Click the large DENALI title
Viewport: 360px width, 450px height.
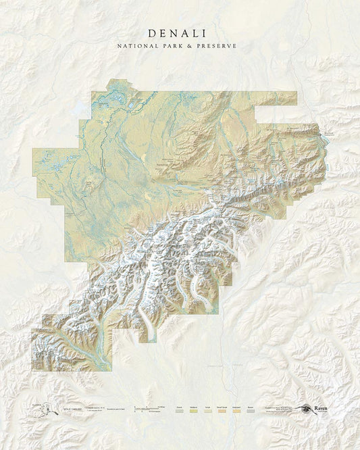click(179, 32)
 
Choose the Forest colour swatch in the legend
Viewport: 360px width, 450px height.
click(180, 411)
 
